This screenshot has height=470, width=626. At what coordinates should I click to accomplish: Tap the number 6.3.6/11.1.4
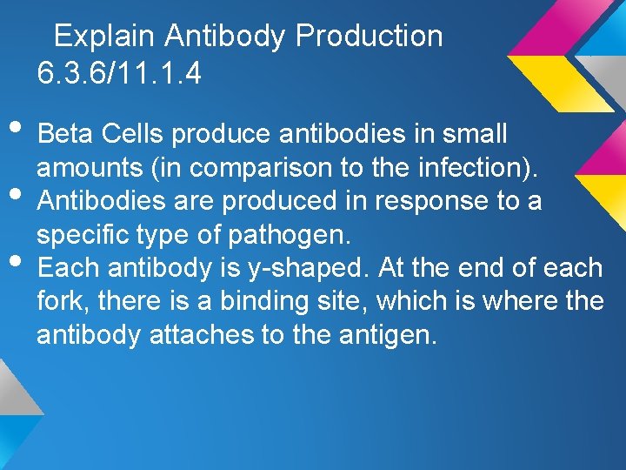pyautogui.click(x=119, y=73)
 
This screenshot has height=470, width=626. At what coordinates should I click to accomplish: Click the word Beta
pyautogui.click(x=66, y=135)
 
